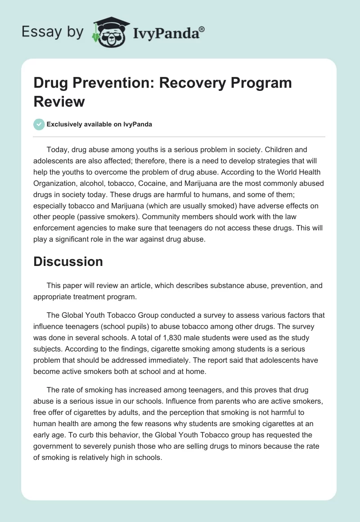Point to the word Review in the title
(x=59, y=101)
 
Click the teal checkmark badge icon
(x=39, y=124)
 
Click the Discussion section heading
(x=68, y=261)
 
